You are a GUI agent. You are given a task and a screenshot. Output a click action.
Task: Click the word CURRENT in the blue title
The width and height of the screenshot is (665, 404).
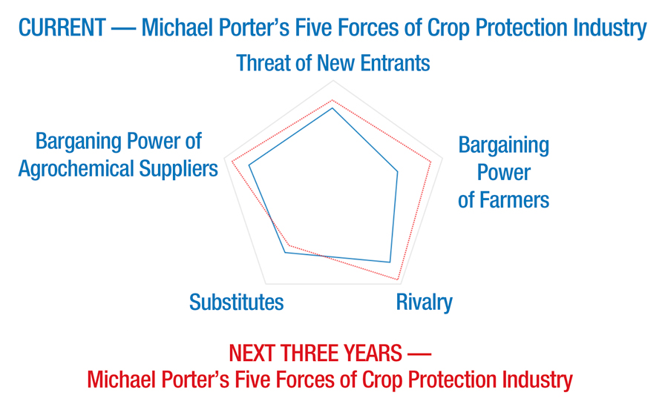[62, 28]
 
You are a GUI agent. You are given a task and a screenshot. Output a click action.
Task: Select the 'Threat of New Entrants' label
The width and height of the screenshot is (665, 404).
[333, 63]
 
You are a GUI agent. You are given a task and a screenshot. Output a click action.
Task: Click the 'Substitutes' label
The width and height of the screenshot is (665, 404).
[236, 302]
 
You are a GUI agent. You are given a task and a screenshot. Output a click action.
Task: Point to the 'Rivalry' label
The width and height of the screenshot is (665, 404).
[424, 302]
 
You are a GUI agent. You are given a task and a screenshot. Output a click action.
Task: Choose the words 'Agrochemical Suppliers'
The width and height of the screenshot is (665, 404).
[118, 170]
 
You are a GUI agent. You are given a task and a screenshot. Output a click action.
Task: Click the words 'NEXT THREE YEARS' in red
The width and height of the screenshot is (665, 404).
[315, 353]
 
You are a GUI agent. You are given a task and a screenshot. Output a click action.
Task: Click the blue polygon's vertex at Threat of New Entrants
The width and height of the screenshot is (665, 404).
[332, 108]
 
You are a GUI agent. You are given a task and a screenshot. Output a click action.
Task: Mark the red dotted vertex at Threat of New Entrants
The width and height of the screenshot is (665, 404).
[332, 100]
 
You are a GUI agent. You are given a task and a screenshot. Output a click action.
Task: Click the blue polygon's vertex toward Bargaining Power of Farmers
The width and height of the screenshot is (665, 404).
[397, 171]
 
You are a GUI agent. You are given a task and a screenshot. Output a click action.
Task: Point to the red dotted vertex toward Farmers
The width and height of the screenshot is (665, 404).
[431, 162]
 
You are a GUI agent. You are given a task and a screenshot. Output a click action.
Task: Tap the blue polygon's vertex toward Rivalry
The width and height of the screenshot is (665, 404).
[390, 262]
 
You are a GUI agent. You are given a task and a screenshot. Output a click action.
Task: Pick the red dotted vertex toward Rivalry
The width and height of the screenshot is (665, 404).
[398, 279]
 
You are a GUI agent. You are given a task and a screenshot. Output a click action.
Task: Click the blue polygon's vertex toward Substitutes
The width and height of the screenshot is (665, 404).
[285, 252]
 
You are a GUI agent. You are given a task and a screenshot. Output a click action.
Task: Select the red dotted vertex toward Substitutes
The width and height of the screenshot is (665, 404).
[289, 245]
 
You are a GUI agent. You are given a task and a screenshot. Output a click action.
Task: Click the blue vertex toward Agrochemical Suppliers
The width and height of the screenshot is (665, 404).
[249, 165]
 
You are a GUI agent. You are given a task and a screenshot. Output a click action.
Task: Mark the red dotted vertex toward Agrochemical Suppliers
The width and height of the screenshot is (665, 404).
[232, 161]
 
